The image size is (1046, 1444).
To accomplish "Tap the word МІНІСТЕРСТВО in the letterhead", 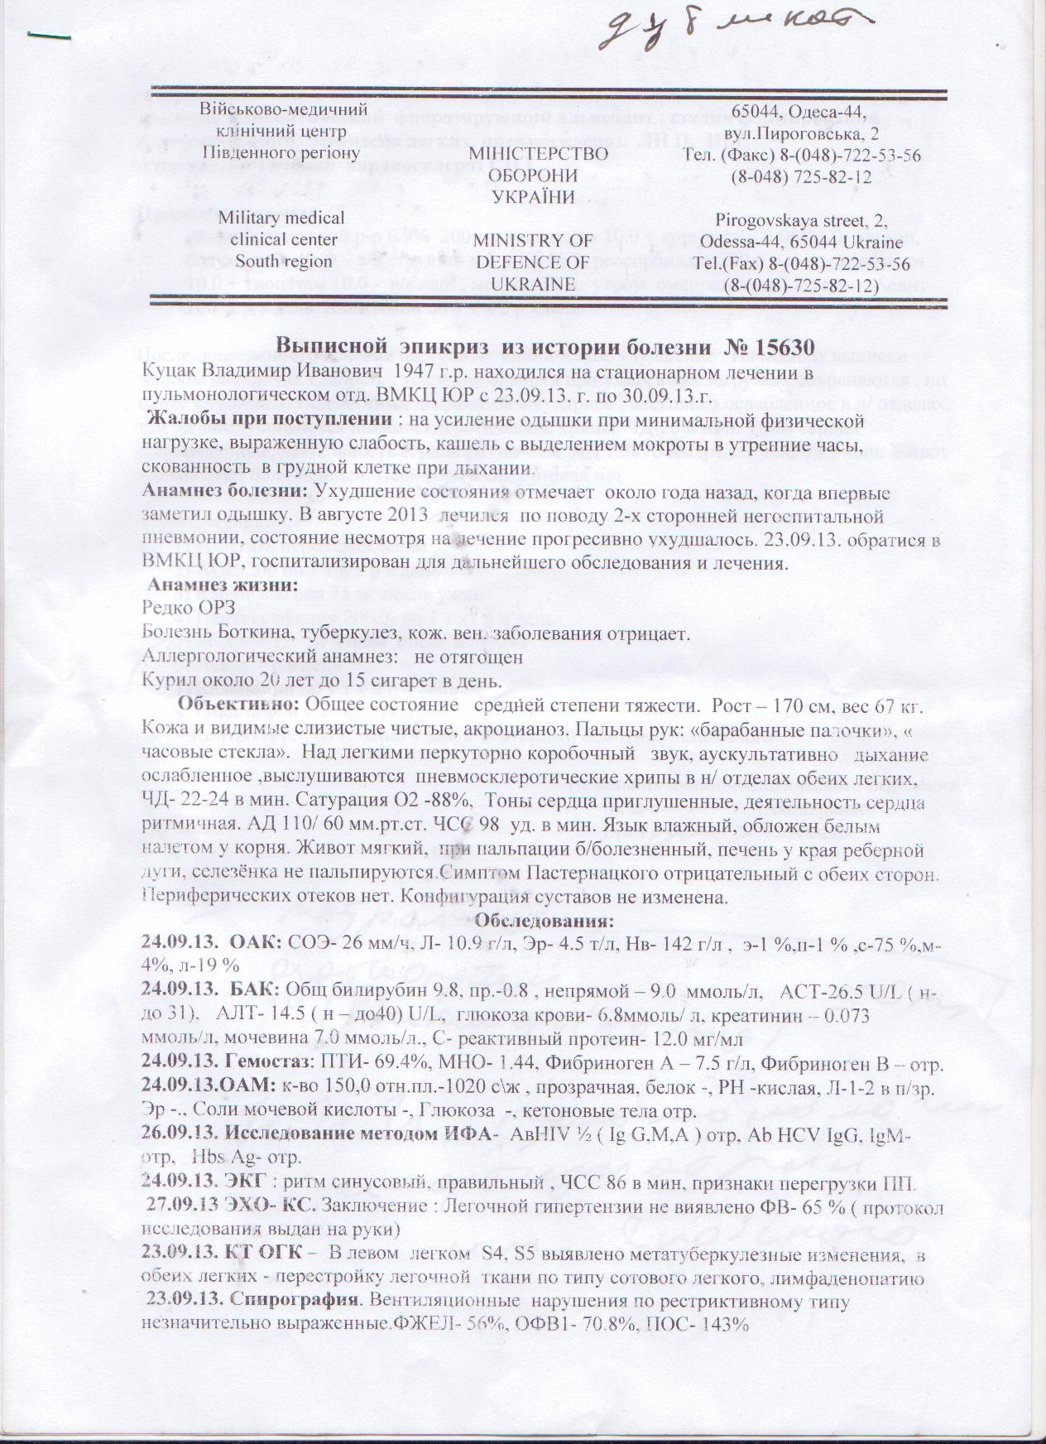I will (539, 154).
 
